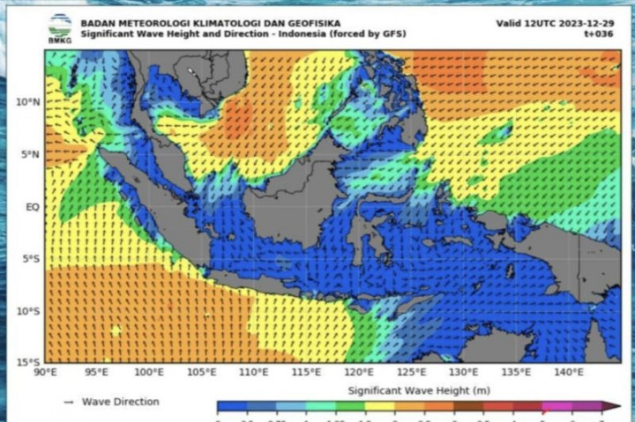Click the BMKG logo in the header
pos(60,26)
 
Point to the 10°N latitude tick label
pos(27,102)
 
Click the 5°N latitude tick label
pos(30,154)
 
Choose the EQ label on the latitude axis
pos(33,207)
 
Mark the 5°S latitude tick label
pos(30,259)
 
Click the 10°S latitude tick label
pos(27,311)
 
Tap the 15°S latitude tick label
pos(27,363)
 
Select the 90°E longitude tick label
pos(46,374)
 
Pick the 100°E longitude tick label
pos(149,374)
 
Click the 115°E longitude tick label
pos(307,374)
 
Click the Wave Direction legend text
pos(121,402)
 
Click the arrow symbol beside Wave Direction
pos(68,402)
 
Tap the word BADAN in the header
pos(96,23)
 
